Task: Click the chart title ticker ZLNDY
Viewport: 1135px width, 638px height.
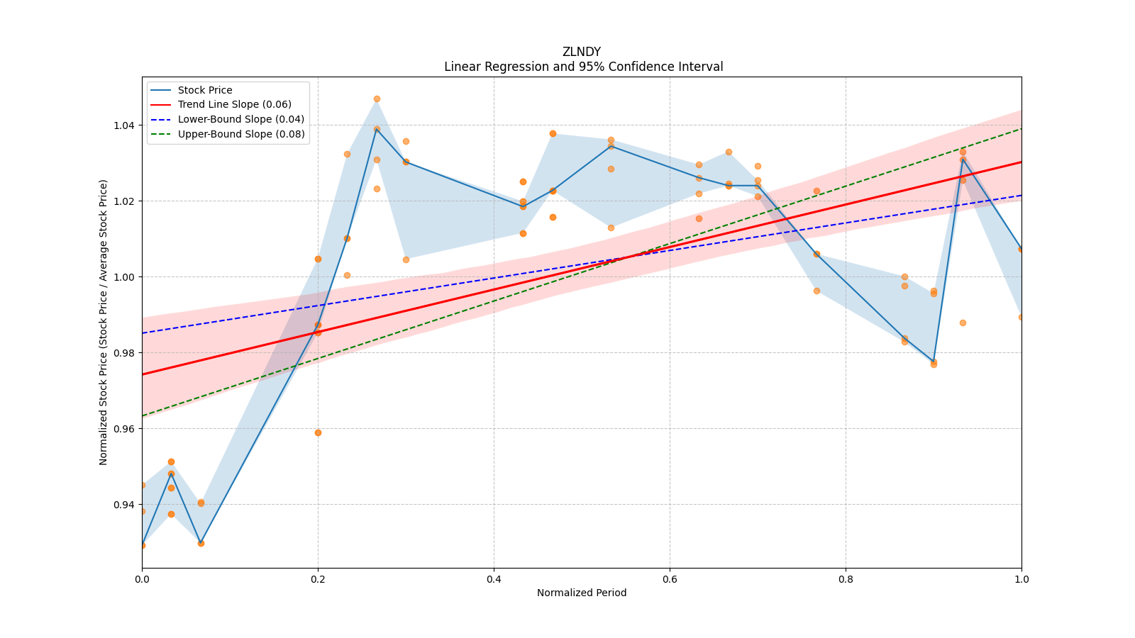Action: (x=581, y=52)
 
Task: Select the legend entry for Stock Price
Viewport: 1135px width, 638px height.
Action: (x=205, y=90)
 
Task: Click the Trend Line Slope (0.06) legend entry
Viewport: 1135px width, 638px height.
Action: (x=234, y=104)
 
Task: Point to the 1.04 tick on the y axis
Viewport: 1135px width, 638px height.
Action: (x=125, y=125)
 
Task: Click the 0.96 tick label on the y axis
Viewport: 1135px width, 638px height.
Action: (x=125, y=429)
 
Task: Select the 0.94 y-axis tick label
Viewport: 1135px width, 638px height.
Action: (x=125, y=505)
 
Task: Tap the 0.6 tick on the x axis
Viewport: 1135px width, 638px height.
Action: (x=670, y=579)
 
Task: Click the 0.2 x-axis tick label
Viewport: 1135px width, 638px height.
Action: (x=318, y=579)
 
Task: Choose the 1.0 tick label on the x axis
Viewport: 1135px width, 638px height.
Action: (x=1021, y=579)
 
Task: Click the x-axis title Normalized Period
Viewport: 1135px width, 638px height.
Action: (x=582, y=593)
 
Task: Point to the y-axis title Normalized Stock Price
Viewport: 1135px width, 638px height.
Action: (x=104, y=322)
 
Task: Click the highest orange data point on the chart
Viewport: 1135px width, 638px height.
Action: (x=377, y=99)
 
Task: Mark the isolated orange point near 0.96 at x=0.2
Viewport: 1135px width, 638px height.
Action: (x=318, y=432)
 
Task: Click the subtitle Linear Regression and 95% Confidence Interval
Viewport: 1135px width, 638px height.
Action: (x=583, y=67)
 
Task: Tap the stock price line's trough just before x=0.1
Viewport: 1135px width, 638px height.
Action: (x=201, y=543)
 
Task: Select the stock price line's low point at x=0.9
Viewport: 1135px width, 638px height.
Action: (x=934, y=362)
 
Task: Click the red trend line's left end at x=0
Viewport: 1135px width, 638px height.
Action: (x=143, y=374)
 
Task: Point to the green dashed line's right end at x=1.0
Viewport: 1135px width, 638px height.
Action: (x=1021, y=128)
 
